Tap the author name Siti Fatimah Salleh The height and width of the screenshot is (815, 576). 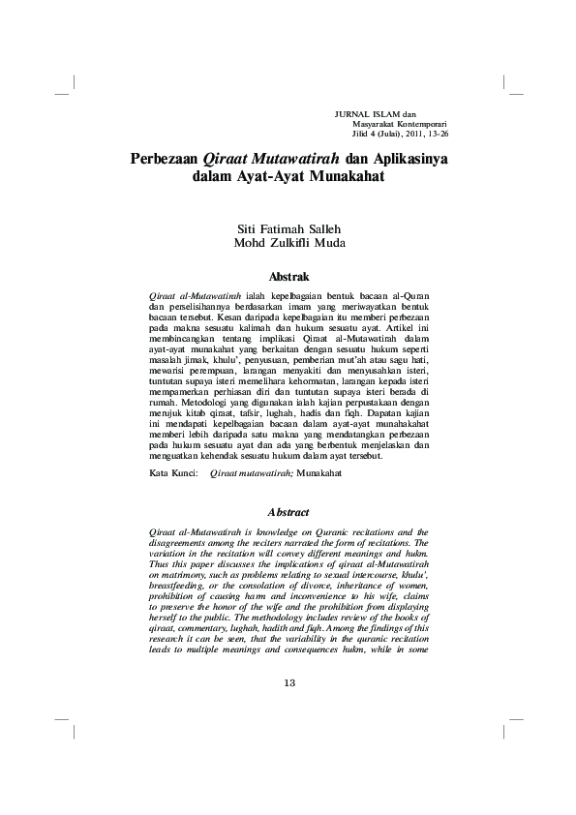coord(288,228)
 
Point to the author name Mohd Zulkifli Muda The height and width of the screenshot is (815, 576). coord(288,243)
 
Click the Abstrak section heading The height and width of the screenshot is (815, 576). coord(288,276)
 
